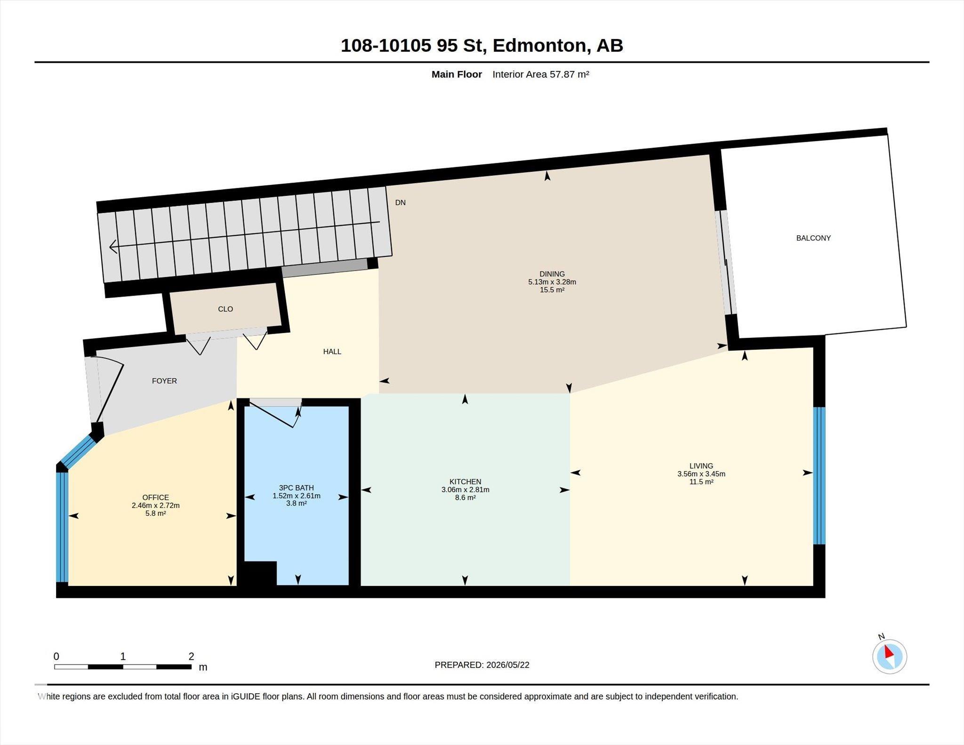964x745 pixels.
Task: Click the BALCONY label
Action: [x=813, y=238]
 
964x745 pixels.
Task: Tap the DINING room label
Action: [x=552, y=274]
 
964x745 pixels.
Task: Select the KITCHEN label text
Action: [x=465, y=482]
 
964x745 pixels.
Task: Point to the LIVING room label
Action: [x=701, y=466]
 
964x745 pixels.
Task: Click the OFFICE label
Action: [x=155, y=497]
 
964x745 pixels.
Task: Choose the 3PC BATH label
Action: [x=296, y=488]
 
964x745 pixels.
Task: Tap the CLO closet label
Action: [x=225, y=309]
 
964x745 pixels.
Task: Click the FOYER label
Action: [x=164, y=381]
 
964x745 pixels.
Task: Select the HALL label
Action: [x=332, y=352]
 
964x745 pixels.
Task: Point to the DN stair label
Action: [x=400, y=203]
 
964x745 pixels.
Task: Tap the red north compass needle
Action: [x=888, y=652]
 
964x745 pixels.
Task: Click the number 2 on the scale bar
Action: [x=191, y=657]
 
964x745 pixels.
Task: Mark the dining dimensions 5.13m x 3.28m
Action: [x=552, y=282]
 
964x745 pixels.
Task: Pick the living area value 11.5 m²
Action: [x=701, y=482]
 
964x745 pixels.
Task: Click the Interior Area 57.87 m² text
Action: [x=541, y=74]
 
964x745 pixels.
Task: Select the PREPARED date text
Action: [x=482, y=665]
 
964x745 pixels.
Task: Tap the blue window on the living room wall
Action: [x=819, y=475]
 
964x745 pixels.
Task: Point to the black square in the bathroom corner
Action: [x=260, y=573]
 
